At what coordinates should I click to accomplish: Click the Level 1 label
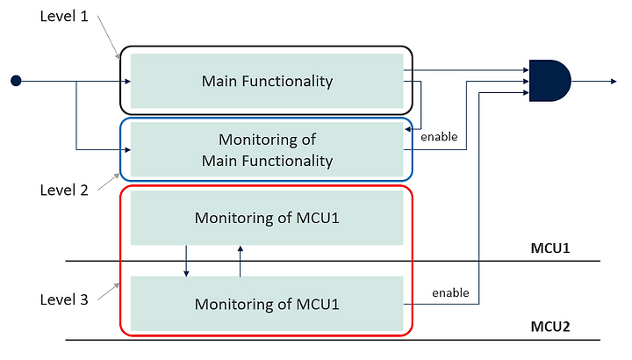click(64, 16)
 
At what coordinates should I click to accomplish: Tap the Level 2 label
click(64, 190)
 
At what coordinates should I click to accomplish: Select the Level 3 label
click(64, 299)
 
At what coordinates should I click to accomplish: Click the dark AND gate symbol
click(549, 81)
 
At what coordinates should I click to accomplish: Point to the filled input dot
click(16, 81)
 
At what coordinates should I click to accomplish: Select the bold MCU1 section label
click(550, 248)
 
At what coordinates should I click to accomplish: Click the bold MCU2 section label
click(550, 326)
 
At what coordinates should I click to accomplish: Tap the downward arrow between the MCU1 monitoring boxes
click(186, 261)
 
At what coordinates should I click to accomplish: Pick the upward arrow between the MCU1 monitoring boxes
click(241, 262)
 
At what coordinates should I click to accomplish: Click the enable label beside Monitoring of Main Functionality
click(439, 137)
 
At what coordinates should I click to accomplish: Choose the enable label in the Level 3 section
click(450, 292)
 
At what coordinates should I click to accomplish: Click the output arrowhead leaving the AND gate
click(614, 82)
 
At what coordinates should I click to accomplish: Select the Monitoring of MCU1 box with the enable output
click(267, 304)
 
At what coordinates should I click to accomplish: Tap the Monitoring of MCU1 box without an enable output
click(267, 218)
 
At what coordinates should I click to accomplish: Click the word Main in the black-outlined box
click(219, 81)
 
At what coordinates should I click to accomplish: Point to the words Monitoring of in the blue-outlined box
click(267, 140)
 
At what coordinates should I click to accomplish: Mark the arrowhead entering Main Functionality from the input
click(128, 82)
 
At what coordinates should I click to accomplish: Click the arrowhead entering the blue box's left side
click(128, 150)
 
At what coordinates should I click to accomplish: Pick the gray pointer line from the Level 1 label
click(109, 38)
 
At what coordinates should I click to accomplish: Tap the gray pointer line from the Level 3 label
click(109, 292)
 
